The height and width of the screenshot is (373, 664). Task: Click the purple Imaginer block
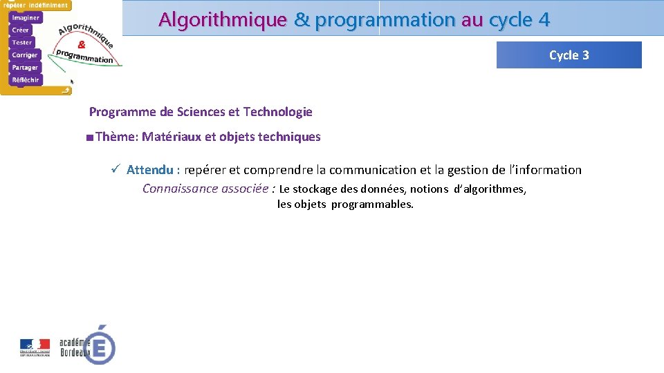tap(26, 17)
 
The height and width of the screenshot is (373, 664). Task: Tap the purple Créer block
tap(21, 30)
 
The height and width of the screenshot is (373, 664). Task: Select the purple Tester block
tap(22, 42)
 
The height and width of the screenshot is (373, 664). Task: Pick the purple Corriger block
tap(25, 55)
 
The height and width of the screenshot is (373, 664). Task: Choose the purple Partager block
tap(25, 67)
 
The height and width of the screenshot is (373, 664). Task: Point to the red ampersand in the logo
tap(82, 44)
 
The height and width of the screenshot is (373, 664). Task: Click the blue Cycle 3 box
tap(569, 55)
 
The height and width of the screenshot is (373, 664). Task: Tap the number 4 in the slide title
tap(544, 19)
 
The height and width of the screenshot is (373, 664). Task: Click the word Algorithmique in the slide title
tap(222, 19)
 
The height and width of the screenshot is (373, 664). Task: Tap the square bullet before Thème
tap(90, 137)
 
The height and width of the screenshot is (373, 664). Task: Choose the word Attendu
tap(149, 170)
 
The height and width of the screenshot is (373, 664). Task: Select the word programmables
tap(372, 204)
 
